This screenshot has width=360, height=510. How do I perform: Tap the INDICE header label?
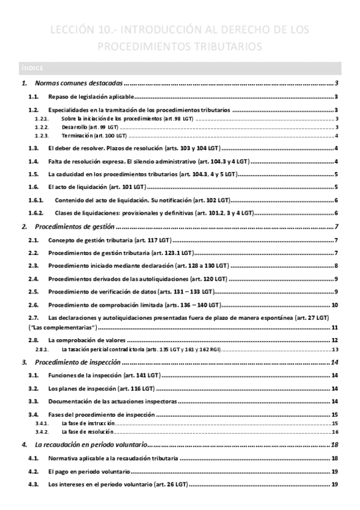coord(31,67)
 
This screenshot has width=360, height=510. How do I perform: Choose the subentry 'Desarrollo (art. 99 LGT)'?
coord(90,127)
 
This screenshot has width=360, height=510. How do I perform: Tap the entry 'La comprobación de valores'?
coord(87,340)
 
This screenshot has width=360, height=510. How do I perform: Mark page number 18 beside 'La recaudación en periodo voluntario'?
coord(335,445)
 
